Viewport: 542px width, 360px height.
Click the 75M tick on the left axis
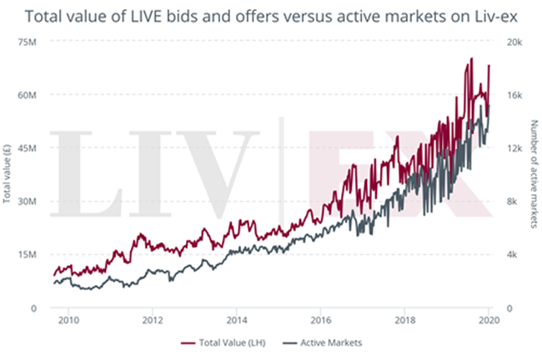click(28, 41)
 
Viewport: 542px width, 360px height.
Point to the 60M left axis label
click(28, 94)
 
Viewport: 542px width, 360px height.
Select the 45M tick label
click(28, 147)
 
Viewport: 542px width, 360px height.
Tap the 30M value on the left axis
click(28, 201)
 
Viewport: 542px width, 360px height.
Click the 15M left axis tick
click(28, 254)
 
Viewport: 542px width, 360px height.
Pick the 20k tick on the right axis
click(513, 41)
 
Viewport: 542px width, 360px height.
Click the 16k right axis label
click(513, 94)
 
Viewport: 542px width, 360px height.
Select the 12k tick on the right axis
click(513, 147)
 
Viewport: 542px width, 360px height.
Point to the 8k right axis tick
click(511, 201)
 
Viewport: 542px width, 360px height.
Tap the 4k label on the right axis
click(511, 254)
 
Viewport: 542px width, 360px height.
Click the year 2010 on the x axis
click(68, 319)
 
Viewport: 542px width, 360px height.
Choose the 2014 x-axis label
click(237, 319)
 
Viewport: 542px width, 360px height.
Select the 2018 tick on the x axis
click(405, 319)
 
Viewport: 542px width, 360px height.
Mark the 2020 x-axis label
click(489, 319)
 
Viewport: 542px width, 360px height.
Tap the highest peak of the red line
click(472, 58)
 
